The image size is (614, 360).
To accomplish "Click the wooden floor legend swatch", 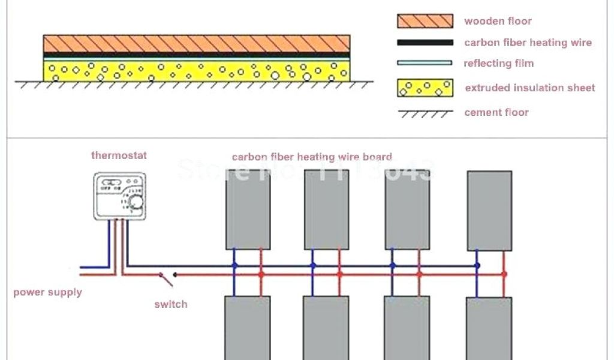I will click(425, 21).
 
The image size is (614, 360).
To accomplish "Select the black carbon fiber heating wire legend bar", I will click(425, 43).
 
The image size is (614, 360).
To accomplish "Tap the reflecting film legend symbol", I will click(425, 62).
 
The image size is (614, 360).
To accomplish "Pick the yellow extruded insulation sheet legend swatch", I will click(425, 88).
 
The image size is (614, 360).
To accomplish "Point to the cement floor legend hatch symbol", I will click(425, 113).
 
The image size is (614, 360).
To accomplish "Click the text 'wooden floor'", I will click(498, 21).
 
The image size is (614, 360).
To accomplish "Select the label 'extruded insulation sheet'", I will click(529, 88).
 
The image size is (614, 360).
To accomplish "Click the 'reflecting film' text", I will click(498, 63).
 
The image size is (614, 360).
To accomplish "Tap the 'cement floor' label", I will click(496, 112).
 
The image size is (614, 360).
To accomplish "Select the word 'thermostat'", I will click(119, 155).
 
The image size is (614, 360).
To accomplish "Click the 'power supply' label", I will click(47, 293).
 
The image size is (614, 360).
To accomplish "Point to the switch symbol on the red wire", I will click(166, 278).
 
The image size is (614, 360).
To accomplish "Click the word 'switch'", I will click(170, 304).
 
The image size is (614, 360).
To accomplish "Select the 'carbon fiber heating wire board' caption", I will click(312, 157).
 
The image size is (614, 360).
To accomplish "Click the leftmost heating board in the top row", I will click(248, 209).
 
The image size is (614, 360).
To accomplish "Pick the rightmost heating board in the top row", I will click(489, 211).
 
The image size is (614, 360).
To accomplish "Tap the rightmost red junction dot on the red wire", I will click(504, 274).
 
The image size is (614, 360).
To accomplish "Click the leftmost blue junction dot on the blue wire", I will click(234, 265).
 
